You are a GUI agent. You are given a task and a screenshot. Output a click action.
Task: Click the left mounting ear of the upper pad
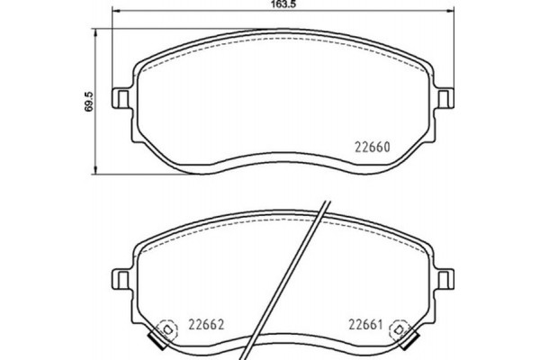point(119,95)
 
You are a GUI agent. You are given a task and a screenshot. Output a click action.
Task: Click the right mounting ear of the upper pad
point(445,95)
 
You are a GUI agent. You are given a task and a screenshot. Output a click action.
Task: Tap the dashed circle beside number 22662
point(166,331)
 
